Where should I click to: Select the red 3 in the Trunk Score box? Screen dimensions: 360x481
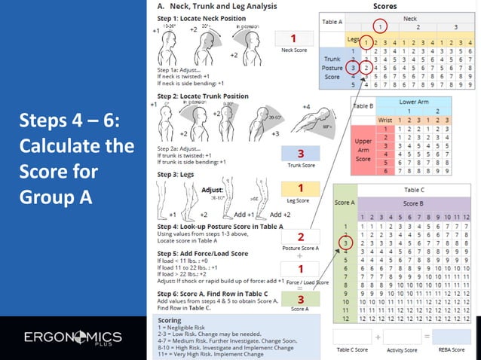(300, 154)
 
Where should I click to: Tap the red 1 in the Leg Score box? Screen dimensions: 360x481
(300, 189)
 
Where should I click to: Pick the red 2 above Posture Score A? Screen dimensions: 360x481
(300, 237)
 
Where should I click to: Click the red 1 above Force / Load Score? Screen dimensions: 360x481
(300, 269)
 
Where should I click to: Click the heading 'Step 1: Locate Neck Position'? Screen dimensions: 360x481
(203, 16)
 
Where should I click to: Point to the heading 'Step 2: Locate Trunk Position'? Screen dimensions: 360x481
(203, 96)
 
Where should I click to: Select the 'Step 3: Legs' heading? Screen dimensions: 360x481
(178, 174)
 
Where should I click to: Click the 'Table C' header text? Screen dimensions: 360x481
(414, 191)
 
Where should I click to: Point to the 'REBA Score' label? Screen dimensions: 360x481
(451, 349)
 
